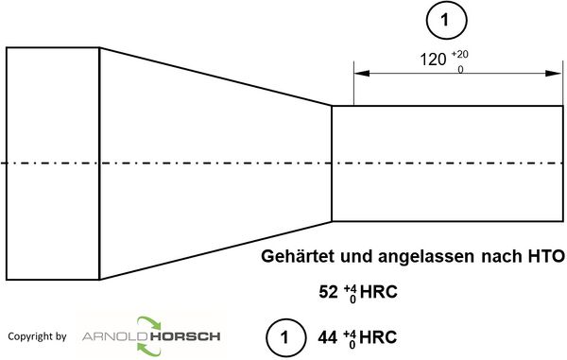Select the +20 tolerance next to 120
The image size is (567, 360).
click(459, 54)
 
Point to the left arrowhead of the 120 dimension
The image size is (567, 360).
click(359, 76)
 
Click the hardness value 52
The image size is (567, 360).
click(328, 292)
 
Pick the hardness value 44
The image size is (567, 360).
click(328, 336)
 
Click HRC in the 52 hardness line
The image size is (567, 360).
click(374, 292)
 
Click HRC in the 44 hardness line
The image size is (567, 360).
click(374, 336)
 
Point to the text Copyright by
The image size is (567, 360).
click(36, 336)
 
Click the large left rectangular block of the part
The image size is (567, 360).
click(52, 163)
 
